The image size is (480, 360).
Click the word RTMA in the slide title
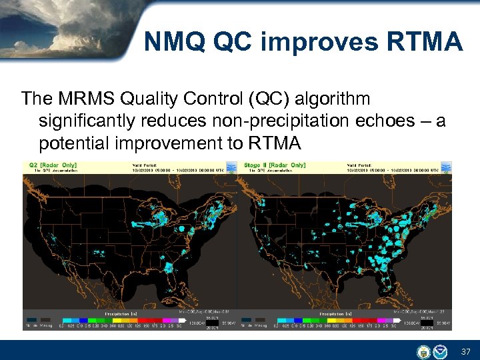click(x=424, y=43)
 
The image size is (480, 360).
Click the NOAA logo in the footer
click(x=440, y=351)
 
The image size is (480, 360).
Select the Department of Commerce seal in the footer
click(x=424, y=351)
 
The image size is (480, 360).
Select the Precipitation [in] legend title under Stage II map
click(x=337, y=313)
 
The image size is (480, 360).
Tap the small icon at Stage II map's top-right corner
click(x=446, y=166)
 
